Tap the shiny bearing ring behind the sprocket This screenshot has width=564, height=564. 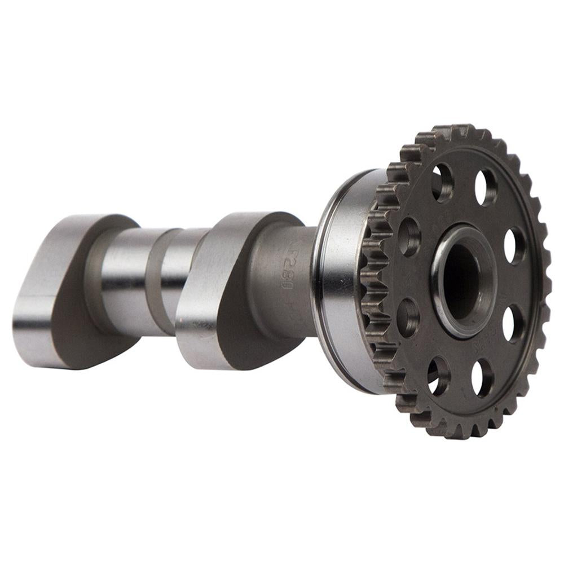tap(338, 282)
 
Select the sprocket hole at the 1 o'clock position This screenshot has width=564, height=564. tap(486, 187)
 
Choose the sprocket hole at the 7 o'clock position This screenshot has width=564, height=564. tap(438, 376)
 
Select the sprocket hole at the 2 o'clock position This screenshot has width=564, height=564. tap(514, 245)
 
